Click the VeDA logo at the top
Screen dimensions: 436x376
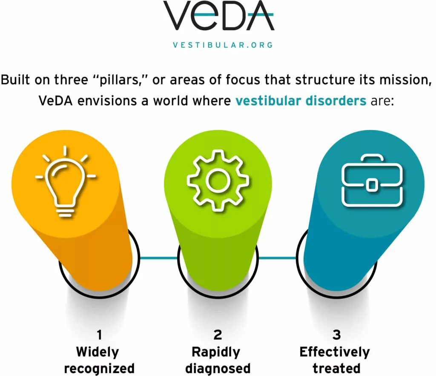click(218, 15)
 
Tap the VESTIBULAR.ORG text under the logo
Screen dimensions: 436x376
click(223, 45)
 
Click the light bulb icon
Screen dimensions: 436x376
click(65, 181)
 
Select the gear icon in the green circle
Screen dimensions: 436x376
click(218, 181)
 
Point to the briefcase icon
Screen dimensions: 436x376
click(372, 181)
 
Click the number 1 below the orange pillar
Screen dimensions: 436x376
click(99, 335)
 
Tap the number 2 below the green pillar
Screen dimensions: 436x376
click(218, 335)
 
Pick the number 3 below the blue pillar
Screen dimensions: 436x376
click(336, 335)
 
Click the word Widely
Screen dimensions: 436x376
click(98, 353)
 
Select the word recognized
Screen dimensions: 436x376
click(99, 369)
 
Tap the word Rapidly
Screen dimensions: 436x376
click(216, 353)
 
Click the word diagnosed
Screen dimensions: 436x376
click(218, 369)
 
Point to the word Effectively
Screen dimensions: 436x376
click(335, 352)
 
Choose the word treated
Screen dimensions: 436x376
click(336, 368)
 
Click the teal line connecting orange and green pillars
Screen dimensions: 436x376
click(158, 258)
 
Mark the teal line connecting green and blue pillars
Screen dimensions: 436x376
click(277, 258)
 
